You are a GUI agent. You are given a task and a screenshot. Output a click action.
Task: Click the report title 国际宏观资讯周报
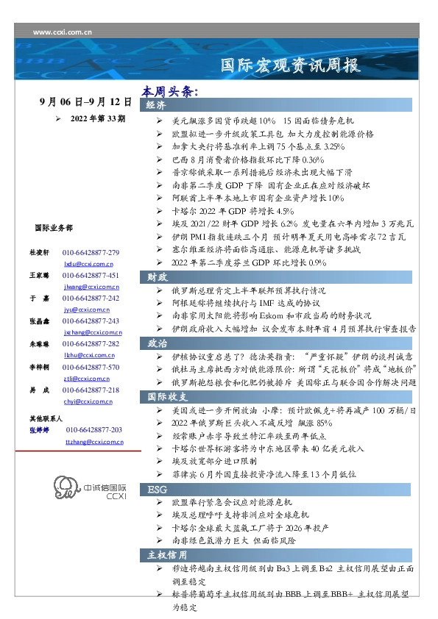point(292,66)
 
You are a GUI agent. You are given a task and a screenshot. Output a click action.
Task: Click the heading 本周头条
point(171,93)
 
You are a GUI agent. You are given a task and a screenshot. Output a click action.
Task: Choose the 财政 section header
point(156,276)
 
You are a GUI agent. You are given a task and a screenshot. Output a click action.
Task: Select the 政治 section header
point(156,343)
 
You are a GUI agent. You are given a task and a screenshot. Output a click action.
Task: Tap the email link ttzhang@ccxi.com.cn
point(94,441)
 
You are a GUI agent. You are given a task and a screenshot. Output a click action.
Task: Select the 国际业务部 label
point(53,229)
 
